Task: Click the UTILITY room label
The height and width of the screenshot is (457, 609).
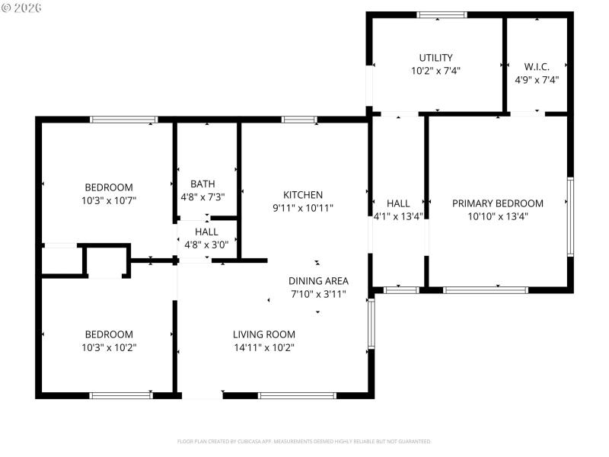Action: tap(435, 57)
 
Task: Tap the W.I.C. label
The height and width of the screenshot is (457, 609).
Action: tap(537, 66)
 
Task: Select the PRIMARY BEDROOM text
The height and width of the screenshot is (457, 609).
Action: tap(498, 203)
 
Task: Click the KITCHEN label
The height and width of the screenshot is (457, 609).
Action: tap(303, 195)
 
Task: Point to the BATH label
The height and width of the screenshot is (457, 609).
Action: tap(202, 184)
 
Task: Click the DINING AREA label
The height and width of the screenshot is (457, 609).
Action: tap(318, 280)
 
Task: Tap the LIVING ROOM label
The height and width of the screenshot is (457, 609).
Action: tap(263, 334)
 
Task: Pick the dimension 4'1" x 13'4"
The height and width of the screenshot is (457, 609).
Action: tap(398, 216)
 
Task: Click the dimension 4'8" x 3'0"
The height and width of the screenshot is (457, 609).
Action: tap(206, 244)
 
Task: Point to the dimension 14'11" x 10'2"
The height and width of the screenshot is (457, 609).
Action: tap(263, 347)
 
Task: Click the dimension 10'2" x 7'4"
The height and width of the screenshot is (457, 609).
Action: tap(435, 70)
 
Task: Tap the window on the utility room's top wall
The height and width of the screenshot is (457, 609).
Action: tap(442, 14)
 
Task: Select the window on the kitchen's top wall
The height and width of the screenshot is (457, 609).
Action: tap(299, 119)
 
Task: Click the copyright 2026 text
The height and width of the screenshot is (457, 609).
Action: tap(22, 8)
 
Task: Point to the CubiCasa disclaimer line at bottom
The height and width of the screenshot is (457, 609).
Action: tap(304, 441)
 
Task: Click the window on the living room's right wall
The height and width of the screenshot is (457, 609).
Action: tap(371, 323)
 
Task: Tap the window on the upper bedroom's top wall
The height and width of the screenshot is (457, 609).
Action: tap(123, 119)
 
